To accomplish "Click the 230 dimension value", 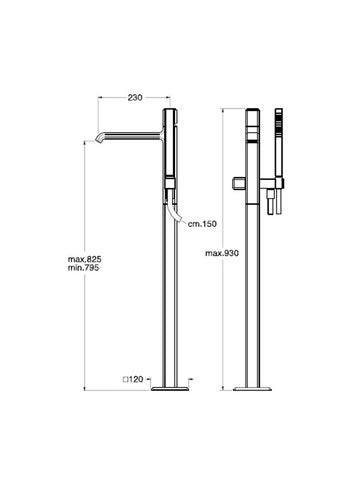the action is click(x=135, y=97).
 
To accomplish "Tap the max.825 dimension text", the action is click(x=85, y=259).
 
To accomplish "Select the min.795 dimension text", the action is click(x=83, y=267).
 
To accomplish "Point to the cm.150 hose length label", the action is click(x=202, y=224).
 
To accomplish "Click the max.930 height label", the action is click(x=222, y=253).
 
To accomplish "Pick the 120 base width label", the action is click(x=136, y=379).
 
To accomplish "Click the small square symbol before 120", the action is click(x=126, y=379).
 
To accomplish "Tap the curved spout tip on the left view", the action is click(x=100, y=139).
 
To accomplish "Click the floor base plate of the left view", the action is click(x=170, y=389).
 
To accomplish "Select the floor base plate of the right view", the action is click(x=252, y=389).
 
